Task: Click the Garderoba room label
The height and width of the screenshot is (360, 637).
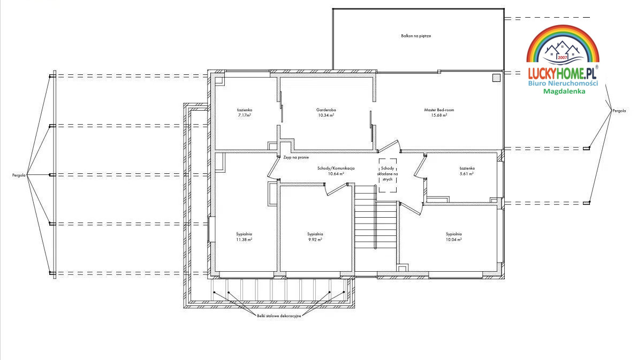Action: [326, 110]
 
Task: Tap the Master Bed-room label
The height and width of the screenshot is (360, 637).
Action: [439, 110]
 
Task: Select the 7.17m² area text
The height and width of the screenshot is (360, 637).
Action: [245, 115]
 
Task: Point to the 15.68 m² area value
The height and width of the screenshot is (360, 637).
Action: [439, 115]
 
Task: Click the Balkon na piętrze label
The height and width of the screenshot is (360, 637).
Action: [416, 36]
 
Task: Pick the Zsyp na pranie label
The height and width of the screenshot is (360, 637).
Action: [296, 157]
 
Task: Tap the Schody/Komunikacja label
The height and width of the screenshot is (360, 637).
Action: [336, 168]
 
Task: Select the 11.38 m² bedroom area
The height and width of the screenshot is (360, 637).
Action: [244, 240]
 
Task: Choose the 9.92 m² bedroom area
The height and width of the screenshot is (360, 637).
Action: [315, 240]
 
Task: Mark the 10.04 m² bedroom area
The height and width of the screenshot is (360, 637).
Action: [454, 240]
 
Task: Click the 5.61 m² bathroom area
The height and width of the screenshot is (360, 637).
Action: [467, 174]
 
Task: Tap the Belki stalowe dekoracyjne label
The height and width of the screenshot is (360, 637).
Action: [279, 316]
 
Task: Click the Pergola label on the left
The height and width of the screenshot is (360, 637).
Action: [19, 175]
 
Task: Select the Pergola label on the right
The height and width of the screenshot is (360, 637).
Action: [619, 110]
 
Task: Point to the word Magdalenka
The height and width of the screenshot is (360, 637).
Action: [564, 91]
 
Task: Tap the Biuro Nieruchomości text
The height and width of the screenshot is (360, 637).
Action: [563, 83]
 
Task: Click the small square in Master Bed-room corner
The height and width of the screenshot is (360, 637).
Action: [496, 78]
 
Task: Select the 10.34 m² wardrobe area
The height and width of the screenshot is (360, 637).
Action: [326, 115]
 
